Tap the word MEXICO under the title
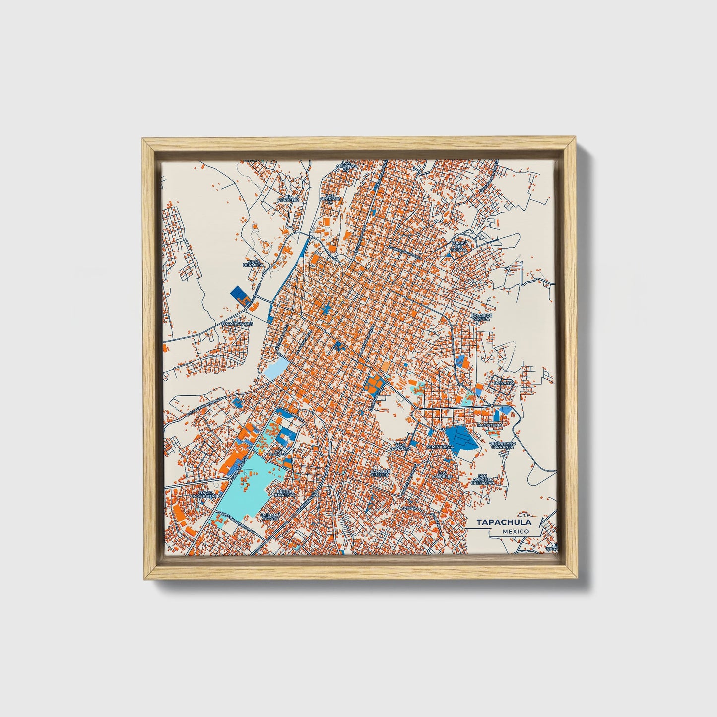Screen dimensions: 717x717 [515, 531]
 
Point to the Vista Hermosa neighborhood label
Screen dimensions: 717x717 [254, 263]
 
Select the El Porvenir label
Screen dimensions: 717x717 [289, 197]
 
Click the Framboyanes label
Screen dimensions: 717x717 [237, 323]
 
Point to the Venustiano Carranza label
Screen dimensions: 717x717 [502, 445]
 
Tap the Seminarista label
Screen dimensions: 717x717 [440, 447]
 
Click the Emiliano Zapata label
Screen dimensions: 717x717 [270, 516]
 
